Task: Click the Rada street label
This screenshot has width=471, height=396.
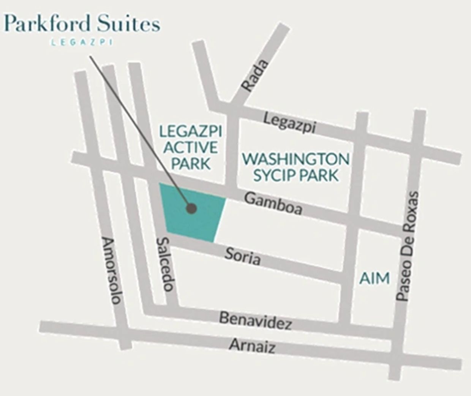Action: click(255, 76)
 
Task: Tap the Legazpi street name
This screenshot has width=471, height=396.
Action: click(289, 123)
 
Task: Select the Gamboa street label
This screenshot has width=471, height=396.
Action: click(273, 203)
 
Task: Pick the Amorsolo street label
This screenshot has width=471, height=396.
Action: click(112, 271)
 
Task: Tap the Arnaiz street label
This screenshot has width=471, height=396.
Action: click(252, 346)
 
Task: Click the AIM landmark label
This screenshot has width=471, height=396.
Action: click(375, 278)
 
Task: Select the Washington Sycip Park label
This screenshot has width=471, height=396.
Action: click(296, 167)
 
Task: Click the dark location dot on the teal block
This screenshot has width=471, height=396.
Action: click(191, 208)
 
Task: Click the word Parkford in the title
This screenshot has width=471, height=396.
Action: click(48, 24)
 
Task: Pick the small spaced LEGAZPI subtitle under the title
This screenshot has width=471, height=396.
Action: click(82, 42)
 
